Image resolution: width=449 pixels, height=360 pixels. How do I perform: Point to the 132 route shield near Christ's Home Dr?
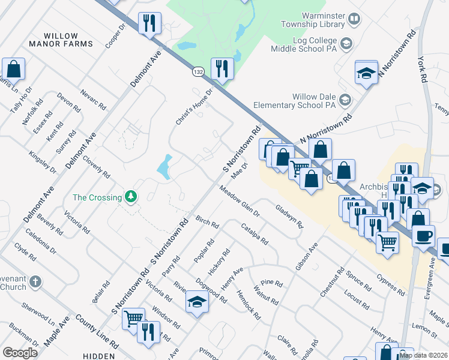tap(198, 72)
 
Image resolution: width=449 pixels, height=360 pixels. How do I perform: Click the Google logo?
tap(20, 352)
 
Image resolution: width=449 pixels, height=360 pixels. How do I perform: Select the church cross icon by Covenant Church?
tap(35, 281)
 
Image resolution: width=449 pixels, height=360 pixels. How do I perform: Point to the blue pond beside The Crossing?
tap(164, 167)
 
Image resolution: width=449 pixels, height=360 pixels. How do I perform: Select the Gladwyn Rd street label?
tap(289, 217)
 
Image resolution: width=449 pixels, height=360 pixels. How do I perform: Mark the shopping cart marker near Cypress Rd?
tap(388, 243)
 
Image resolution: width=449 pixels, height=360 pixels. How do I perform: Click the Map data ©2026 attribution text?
tap(423, 355)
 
